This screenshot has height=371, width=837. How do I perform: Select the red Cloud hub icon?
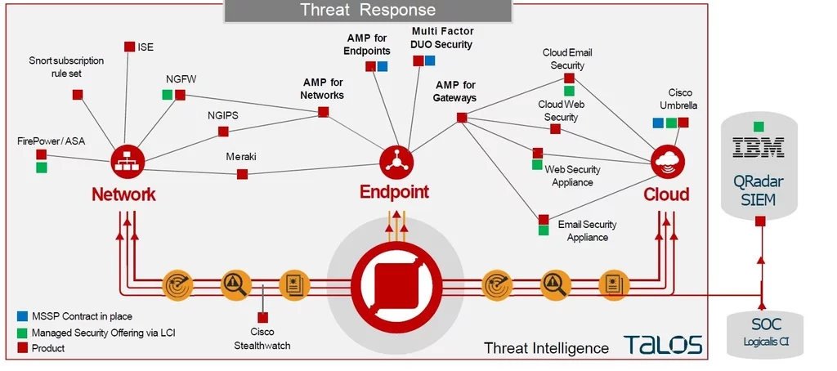point(668,160)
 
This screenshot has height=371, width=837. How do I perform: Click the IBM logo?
point(759,148)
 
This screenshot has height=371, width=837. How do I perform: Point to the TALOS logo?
point(663,345)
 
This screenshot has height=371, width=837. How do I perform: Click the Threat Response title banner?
point(368,11)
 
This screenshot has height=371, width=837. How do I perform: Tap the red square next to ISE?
point(129,47)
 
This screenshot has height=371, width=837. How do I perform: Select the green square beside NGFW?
point(167,96)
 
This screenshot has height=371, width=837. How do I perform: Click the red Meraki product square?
point(242,174)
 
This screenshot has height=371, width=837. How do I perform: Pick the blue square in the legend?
point(22,316)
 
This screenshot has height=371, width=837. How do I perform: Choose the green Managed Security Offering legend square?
point(22,333)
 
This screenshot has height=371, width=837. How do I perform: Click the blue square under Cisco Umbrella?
point(658,123)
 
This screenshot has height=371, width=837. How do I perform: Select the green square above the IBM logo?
point(759,127)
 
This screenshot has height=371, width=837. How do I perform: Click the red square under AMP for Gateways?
point(462,118)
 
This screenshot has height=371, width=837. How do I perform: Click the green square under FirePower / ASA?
point(42,168)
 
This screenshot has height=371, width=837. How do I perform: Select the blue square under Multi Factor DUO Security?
point(430,60)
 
